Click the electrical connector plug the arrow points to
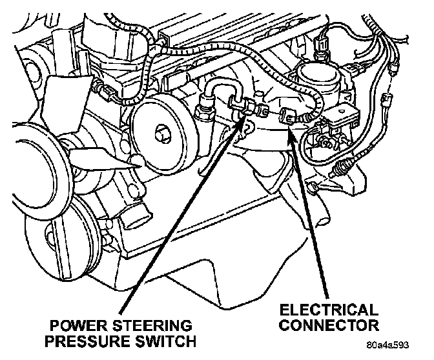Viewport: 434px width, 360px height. coord(287,116)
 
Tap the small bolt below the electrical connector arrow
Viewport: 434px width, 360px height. coord(311,188)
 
